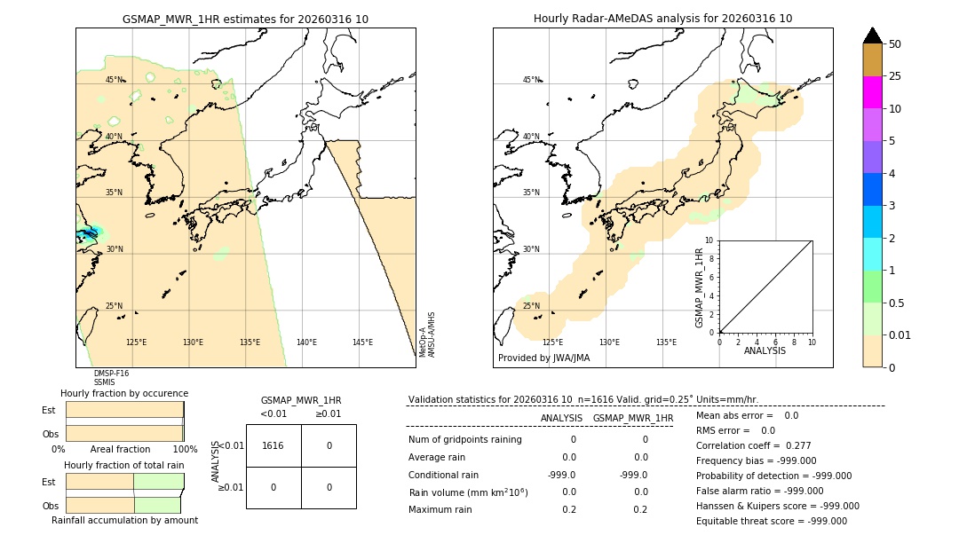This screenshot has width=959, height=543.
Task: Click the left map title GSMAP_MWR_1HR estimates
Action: coord(245,19)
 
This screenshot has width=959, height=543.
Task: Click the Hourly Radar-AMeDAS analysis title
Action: coord(662,19)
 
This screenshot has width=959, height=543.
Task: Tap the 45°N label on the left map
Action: coord(115,80)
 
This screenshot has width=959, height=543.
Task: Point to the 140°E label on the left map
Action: coord(306,342)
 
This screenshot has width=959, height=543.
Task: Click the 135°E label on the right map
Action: coord(666,342)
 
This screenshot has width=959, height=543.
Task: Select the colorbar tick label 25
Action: coord(895,76)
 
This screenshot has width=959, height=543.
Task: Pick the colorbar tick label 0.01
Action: coord(900,334)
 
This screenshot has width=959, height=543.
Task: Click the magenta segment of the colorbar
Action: coord(872,92)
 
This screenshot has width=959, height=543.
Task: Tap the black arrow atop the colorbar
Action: coord(872,35)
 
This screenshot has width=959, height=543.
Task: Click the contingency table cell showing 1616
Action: coord(273,445)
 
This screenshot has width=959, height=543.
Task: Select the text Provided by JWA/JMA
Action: coord(543,358)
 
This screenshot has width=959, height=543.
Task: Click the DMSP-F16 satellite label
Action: coord(111,374)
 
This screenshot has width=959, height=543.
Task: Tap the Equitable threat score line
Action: coord(771,521)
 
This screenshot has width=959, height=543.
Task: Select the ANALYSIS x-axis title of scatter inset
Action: coord(765,350)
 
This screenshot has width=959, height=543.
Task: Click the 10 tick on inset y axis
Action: coord(709,240)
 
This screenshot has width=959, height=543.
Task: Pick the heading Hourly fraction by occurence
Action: coord(124,393)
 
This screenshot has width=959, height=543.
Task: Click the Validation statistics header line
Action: coord(583,400)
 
